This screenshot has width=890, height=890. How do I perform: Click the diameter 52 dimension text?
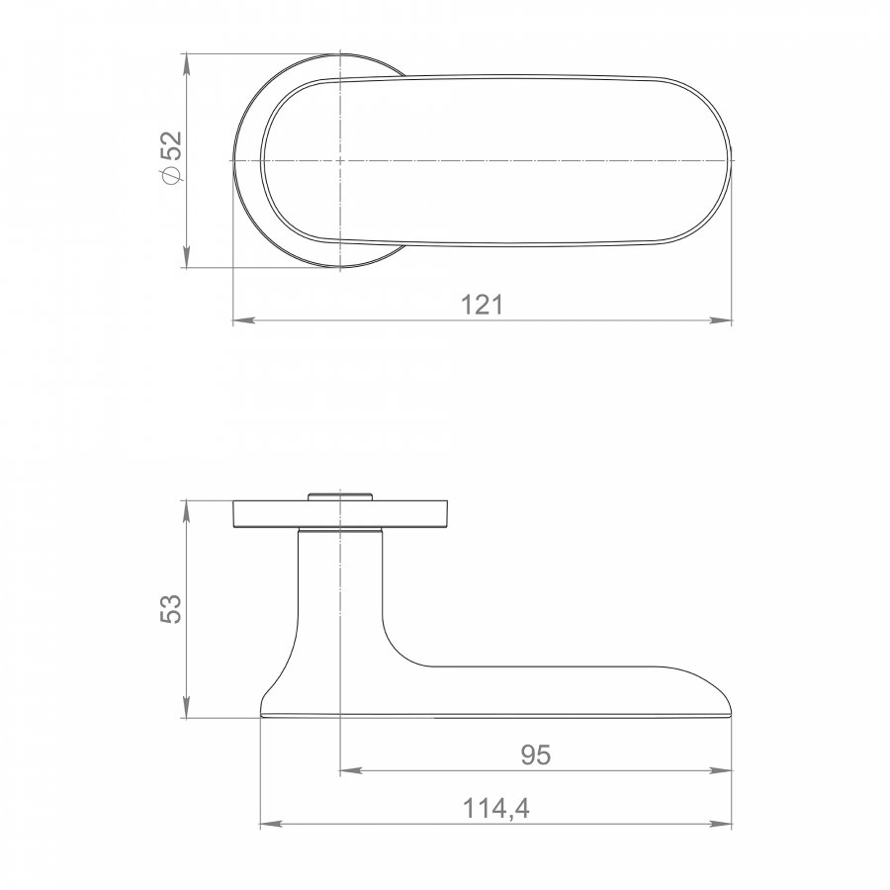(171, 157)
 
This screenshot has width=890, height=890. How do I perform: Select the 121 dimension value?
(482, 305)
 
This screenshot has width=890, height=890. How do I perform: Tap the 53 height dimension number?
(170, 609)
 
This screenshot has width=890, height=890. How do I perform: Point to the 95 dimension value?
(536, 755)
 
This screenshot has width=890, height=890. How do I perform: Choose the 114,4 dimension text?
(496, 808)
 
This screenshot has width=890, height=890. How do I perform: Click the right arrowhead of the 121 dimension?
(722, 320)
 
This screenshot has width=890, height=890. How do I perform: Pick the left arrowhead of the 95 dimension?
(350, 770)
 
